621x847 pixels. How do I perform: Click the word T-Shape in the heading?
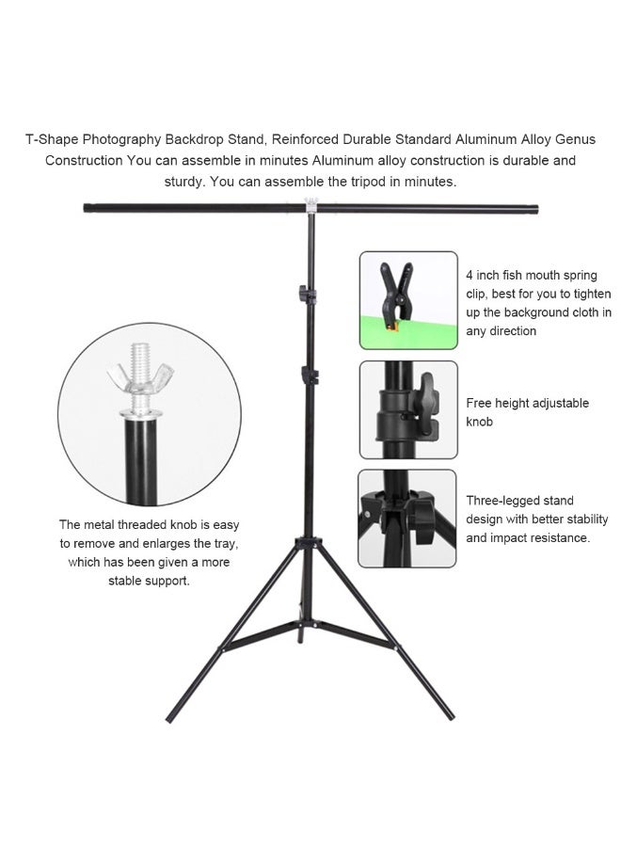[52, 139]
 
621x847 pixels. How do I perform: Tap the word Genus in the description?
[575, 139]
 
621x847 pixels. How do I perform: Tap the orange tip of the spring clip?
[392, 326]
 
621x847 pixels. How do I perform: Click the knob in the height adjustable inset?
[426, 404]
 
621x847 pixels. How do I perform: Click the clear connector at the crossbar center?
[311, 205]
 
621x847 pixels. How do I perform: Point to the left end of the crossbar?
[86, 207]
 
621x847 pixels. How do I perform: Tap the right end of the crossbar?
[535, 208]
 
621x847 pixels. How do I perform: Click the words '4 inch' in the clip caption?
[483, 275]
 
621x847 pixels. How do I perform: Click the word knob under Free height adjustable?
[480, 422]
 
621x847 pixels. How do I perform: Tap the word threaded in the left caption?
[143, 524]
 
